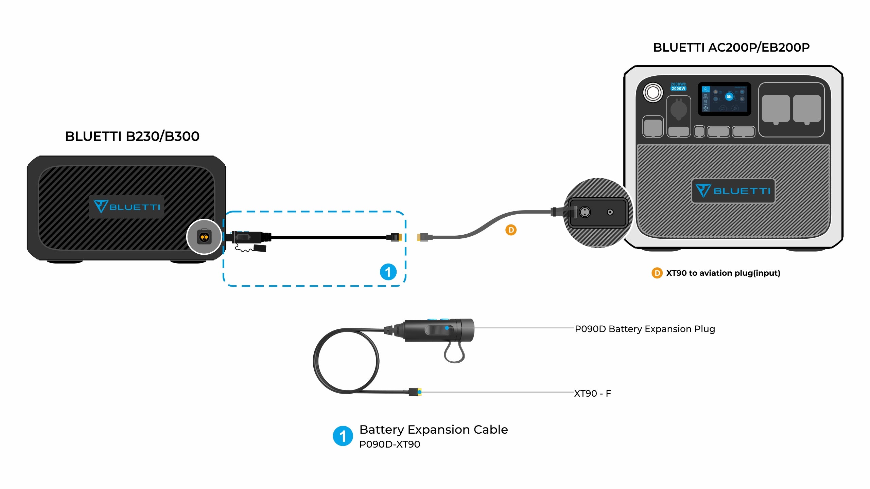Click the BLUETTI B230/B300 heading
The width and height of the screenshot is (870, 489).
point(132,137)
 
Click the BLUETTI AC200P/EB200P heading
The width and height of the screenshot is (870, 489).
point(731,48)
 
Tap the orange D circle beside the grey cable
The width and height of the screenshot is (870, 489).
point(511,230)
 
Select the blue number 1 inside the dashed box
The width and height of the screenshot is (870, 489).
point(388,272)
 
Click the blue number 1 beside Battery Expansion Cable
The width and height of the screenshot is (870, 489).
point(343,436)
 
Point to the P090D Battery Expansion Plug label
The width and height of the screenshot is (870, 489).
point(645,329)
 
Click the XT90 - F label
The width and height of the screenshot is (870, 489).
point(592,394)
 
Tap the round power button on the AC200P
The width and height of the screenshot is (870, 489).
point(653,92)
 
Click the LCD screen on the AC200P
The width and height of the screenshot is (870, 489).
point(724,98)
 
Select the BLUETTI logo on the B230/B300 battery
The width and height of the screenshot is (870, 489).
point(126,206)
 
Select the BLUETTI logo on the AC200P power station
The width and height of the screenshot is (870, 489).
point(733,191)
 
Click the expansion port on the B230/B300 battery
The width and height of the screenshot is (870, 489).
point(204,237)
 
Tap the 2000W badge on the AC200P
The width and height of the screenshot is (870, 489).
point(678,89)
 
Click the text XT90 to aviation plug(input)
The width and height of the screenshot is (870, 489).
point(723,273)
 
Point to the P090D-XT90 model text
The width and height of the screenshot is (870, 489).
point(389,445)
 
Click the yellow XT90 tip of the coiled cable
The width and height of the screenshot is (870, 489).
point(420,392)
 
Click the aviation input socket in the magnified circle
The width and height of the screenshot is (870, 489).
point(585,212)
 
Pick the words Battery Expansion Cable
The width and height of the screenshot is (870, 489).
point(433,430)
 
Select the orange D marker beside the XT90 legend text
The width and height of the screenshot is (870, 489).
point(657,273)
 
